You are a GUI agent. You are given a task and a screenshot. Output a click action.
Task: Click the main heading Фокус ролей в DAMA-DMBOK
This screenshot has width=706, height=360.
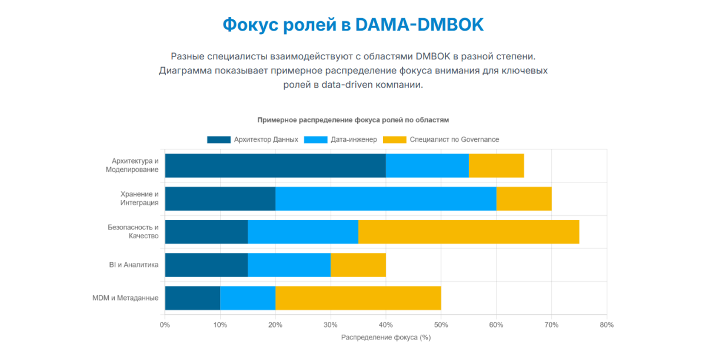pyautogui.click(x=353, y=25)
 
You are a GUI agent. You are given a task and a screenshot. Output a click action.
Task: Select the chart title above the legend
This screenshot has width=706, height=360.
pyautogui.click(x=353, y=119)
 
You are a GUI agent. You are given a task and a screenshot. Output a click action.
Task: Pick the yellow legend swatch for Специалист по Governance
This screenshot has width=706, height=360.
pyautogui.click(x=394, y=139)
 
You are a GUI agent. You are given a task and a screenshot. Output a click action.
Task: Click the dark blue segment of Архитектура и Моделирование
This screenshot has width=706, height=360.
pyautogui.click(x=275, y=165)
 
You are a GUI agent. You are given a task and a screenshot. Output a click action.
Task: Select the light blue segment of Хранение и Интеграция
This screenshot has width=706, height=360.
pyautogui.click(x=386, y=198)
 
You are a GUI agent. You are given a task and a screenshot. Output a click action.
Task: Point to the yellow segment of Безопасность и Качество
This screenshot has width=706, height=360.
pyautogui.click(x=468, y=231)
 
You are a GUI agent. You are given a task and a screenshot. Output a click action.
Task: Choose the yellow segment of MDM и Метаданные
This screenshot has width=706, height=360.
pyautogui.click(x=358, y=298)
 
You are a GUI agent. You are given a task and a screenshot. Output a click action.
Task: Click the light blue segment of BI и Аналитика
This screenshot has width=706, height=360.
pyautogui.click(x=289, y=265)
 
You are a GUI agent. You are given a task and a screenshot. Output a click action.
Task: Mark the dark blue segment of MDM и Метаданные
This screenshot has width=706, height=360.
pyautogui.click(x=192, y=298)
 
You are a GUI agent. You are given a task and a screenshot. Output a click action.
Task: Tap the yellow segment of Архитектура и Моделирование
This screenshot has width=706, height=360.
pyautogui.click(x=496, y=165)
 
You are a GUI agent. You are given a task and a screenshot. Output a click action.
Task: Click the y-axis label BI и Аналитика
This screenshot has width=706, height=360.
pyautogui.click(x=134, y=265)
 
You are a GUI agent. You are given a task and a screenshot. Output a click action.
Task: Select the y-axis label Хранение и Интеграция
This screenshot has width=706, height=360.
pyautogui.click(x=139, y=198)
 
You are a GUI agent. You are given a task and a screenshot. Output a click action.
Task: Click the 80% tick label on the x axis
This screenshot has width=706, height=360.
pyautogui.click(x=607, y=325)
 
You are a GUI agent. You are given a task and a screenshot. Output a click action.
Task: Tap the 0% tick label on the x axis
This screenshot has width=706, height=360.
pyautogui.click(x=165, y=325)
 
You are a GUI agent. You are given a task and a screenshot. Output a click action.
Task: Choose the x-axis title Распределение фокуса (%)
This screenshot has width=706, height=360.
pyautogui.click(x=386, y=338)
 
